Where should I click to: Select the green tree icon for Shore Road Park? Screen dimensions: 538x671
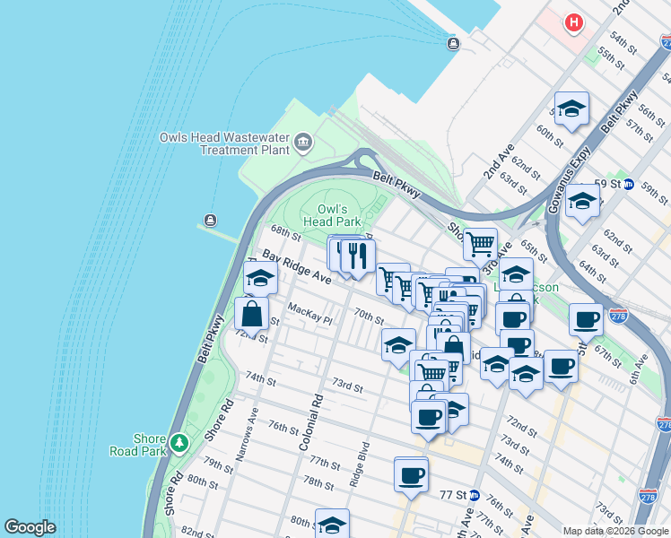(x=179, y=442)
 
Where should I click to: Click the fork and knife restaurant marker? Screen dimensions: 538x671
(x=358, y=256)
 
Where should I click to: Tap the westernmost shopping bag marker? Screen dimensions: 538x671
(x=252, y=314)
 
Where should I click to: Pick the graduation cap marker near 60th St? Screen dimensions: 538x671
(x=571, y=109)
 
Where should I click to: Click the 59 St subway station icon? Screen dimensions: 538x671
(x=629, y=184)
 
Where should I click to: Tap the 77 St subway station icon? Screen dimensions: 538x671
(x=475, y=495)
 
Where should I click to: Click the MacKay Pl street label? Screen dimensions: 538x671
(x=309, y=313)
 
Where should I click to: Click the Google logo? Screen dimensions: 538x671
(x=30, y=527)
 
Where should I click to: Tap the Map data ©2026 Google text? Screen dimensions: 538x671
(x=614, y=531)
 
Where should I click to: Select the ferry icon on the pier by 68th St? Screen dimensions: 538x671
(x=210, y=221)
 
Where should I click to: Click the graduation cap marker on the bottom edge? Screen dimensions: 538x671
(x=332, y=525)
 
